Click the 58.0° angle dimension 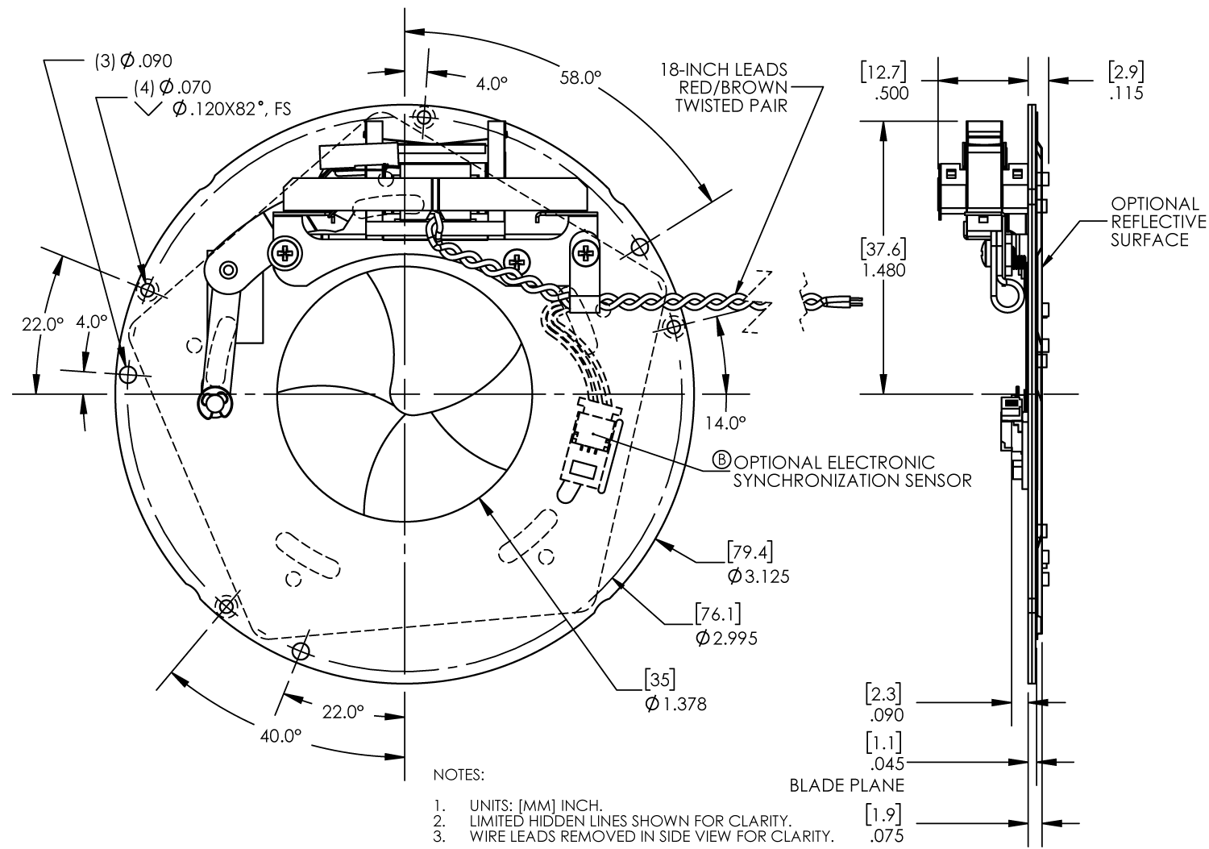pyautogui.click(x=580, y=77)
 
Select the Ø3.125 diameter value pyautogui.click(x=758, y=576)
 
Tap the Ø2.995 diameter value pyautogui.click(x=725, y=639)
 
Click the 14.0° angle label pyautogui.click(x=725, y=422)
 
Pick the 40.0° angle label pyautogui.click(x=280, y=736)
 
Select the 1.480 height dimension pyautogui.click(x=883, y=270)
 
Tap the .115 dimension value pyautogui.click(x=1125, y=94)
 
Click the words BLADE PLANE pyautogui.click(x=846, y=785)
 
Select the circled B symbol pyautogui.click(x=722, y=460)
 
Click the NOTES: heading pyautogui.click(x=459, y=775)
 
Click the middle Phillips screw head pyautogui.click(x=516, y=261)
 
